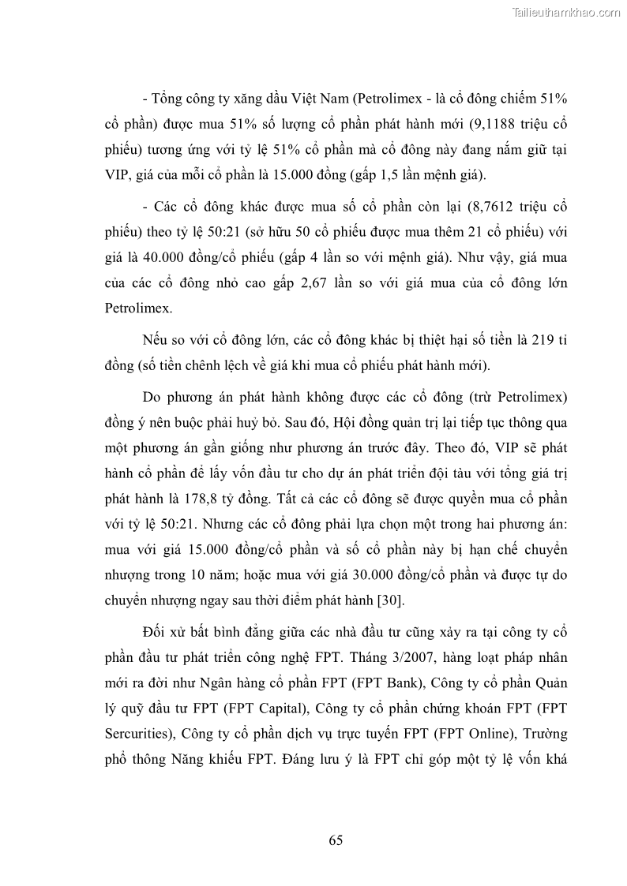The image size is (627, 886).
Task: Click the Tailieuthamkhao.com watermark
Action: click(x=567, y=12)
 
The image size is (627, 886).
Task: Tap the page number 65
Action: click(x=336, y=840)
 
